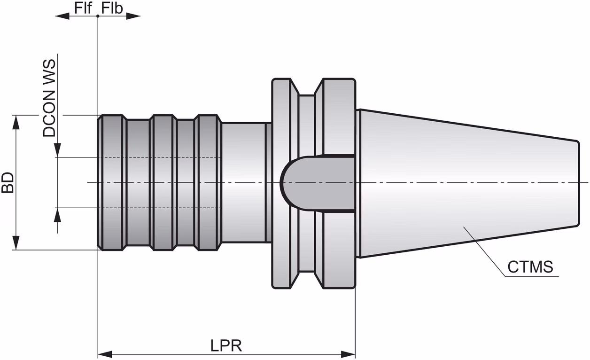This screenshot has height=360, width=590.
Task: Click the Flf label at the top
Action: pyautogui.click(x=83, y=8)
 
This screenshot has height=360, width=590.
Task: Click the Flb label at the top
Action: pyautogui.click(x=112, y=8)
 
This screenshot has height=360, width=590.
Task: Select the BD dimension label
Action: pyautogui.click(x=8, y=182)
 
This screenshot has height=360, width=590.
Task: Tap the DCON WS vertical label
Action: pyautogui.click(x=49, y=98)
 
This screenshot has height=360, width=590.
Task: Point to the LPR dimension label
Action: pyautogui.click(x=226, y=345)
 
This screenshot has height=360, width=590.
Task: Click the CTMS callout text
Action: pyautogui.click(x=530, y=266)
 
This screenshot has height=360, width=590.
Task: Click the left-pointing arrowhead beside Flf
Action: pyautogui.click(x=62, y=16)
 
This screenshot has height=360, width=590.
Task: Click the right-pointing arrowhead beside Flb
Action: pyautogui.click(x=133, y=16)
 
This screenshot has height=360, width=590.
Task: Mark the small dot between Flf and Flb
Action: pyautogui.click(x=98, y=16)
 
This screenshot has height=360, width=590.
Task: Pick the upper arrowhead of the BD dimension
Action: pyautogui.click(x=16, y=122)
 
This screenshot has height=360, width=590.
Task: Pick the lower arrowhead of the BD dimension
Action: pyautogui.click(x=16, y=243)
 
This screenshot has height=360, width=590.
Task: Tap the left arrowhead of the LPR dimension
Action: pyautogui.click(x=105, y=354)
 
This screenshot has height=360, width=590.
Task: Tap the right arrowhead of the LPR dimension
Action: pyautogui.click(x=348, y=354)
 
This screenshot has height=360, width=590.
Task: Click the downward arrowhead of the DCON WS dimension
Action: pyautogui.click(x=57, y=150)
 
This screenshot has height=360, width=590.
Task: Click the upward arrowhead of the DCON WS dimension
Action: pyautogui.click(x=57, y=215)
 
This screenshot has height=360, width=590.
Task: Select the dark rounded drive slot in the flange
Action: pyautogui.click(x=318, y=183)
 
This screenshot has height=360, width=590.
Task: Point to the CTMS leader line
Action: pyautogui.click(x=485, y=251)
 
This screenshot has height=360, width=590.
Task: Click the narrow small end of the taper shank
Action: pyautogui.click(x=578, y=183)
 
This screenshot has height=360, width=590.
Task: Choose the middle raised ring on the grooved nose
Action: pyautogui.click(x=163, y=182)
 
